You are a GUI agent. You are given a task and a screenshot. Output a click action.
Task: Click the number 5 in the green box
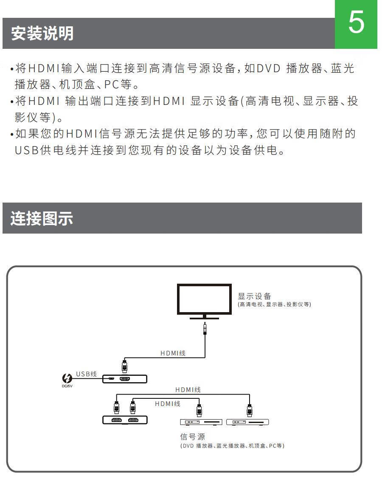coord(356,24)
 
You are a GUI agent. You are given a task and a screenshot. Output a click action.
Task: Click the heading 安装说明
coord(42,34)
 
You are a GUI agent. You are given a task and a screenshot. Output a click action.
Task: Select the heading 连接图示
coord(42,219)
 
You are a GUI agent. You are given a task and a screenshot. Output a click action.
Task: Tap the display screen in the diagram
coord(204,299)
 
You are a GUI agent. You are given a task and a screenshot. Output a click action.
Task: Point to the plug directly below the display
coord(205,329)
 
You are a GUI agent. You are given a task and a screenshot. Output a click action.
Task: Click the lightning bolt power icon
coord(67,378)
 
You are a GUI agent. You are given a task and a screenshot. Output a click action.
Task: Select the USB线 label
coord(86,374)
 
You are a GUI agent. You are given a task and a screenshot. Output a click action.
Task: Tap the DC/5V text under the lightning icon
coord(67,386)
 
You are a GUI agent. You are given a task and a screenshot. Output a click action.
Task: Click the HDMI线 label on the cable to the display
coord(173,353)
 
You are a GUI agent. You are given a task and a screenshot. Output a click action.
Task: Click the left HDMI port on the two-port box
coord(117,420)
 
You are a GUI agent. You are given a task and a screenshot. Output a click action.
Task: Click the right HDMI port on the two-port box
coord(133,420)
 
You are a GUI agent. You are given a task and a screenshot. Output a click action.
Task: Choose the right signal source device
coord(248,422)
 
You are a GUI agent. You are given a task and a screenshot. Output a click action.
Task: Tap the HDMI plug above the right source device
coord(250,410)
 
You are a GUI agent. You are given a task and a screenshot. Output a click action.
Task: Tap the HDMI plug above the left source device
coord(199,410)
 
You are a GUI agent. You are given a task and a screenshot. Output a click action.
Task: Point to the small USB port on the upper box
coord(111,378)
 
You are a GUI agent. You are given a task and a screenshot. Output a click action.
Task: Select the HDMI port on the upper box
coord(125,378)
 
